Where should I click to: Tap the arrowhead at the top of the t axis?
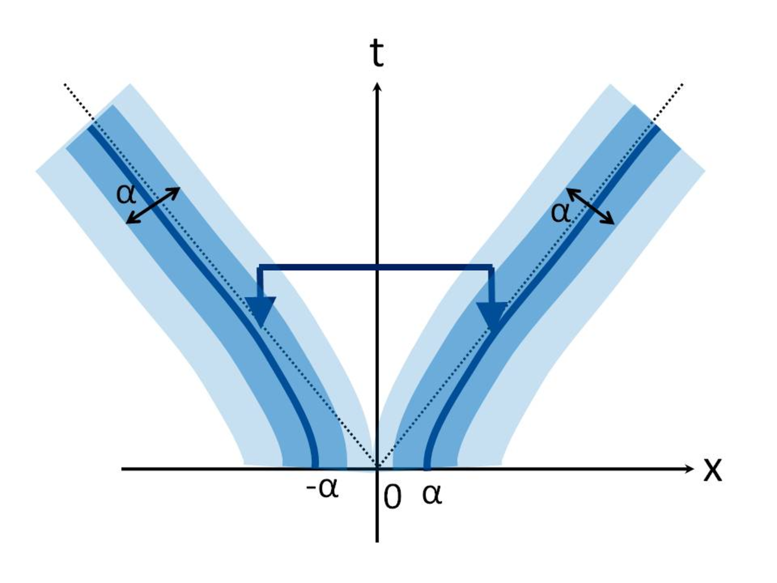point(377,86)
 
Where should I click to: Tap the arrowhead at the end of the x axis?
point(690,469)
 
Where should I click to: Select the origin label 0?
point(392,497)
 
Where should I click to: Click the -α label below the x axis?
point(322,488)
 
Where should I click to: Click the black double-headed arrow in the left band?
point(153,206)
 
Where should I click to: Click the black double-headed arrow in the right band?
point(590,206)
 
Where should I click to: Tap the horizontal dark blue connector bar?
point(375,267)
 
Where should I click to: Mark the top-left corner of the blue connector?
point(258,265)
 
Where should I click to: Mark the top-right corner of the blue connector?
point(493,265)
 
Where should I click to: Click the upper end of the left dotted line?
point(65,84)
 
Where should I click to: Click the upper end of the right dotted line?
point(682,84)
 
